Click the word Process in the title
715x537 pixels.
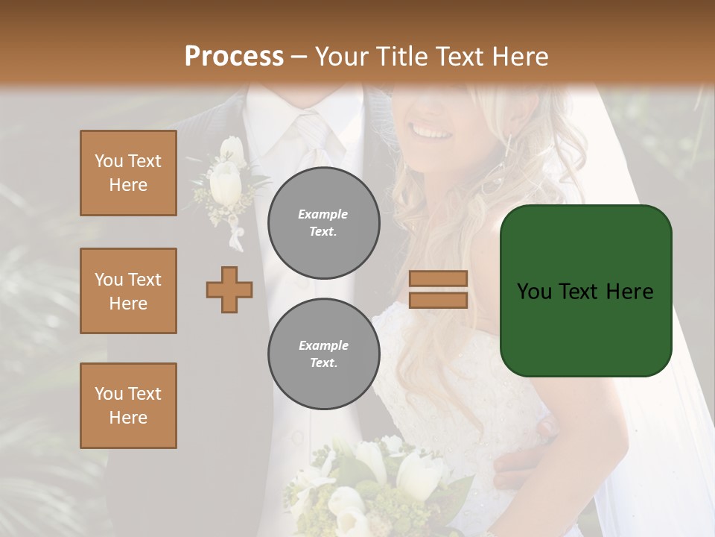[x=234, y=57]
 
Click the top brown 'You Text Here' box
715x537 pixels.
[x=128, y=173]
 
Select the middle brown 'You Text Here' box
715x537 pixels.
[x=128, y=291]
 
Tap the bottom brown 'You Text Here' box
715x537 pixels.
[x=128, y=406]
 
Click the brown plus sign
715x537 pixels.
[x=229, y=289]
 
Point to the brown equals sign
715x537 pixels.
[x=438, y=289]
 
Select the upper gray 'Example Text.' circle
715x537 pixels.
[x=323, y=223]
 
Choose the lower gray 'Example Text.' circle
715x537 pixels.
[x=323, y=354]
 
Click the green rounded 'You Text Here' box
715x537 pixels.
[x=585, y=291]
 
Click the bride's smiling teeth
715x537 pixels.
[x=433, y=134]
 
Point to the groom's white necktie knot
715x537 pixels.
[x=314, y=127]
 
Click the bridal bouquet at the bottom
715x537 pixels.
[x=372, y=485]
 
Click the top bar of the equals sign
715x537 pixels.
[x=438, y=278]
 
